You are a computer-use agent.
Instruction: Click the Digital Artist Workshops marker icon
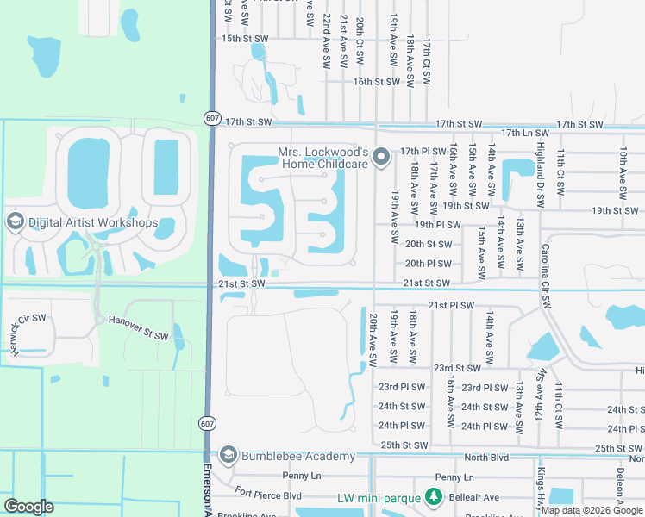click(x=14, y=222)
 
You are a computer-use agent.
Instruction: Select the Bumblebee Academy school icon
click(x=229, y=455)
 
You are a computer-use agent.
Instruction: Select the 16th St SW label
click(x=376, y=82)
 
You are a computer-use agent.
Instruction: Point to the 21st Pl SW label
click(x=451, y=305)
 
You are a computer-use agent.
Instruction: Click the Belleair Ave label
click(x=479, y=497)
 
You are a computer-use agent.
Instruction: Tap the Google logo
click(x=29, y=507)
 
